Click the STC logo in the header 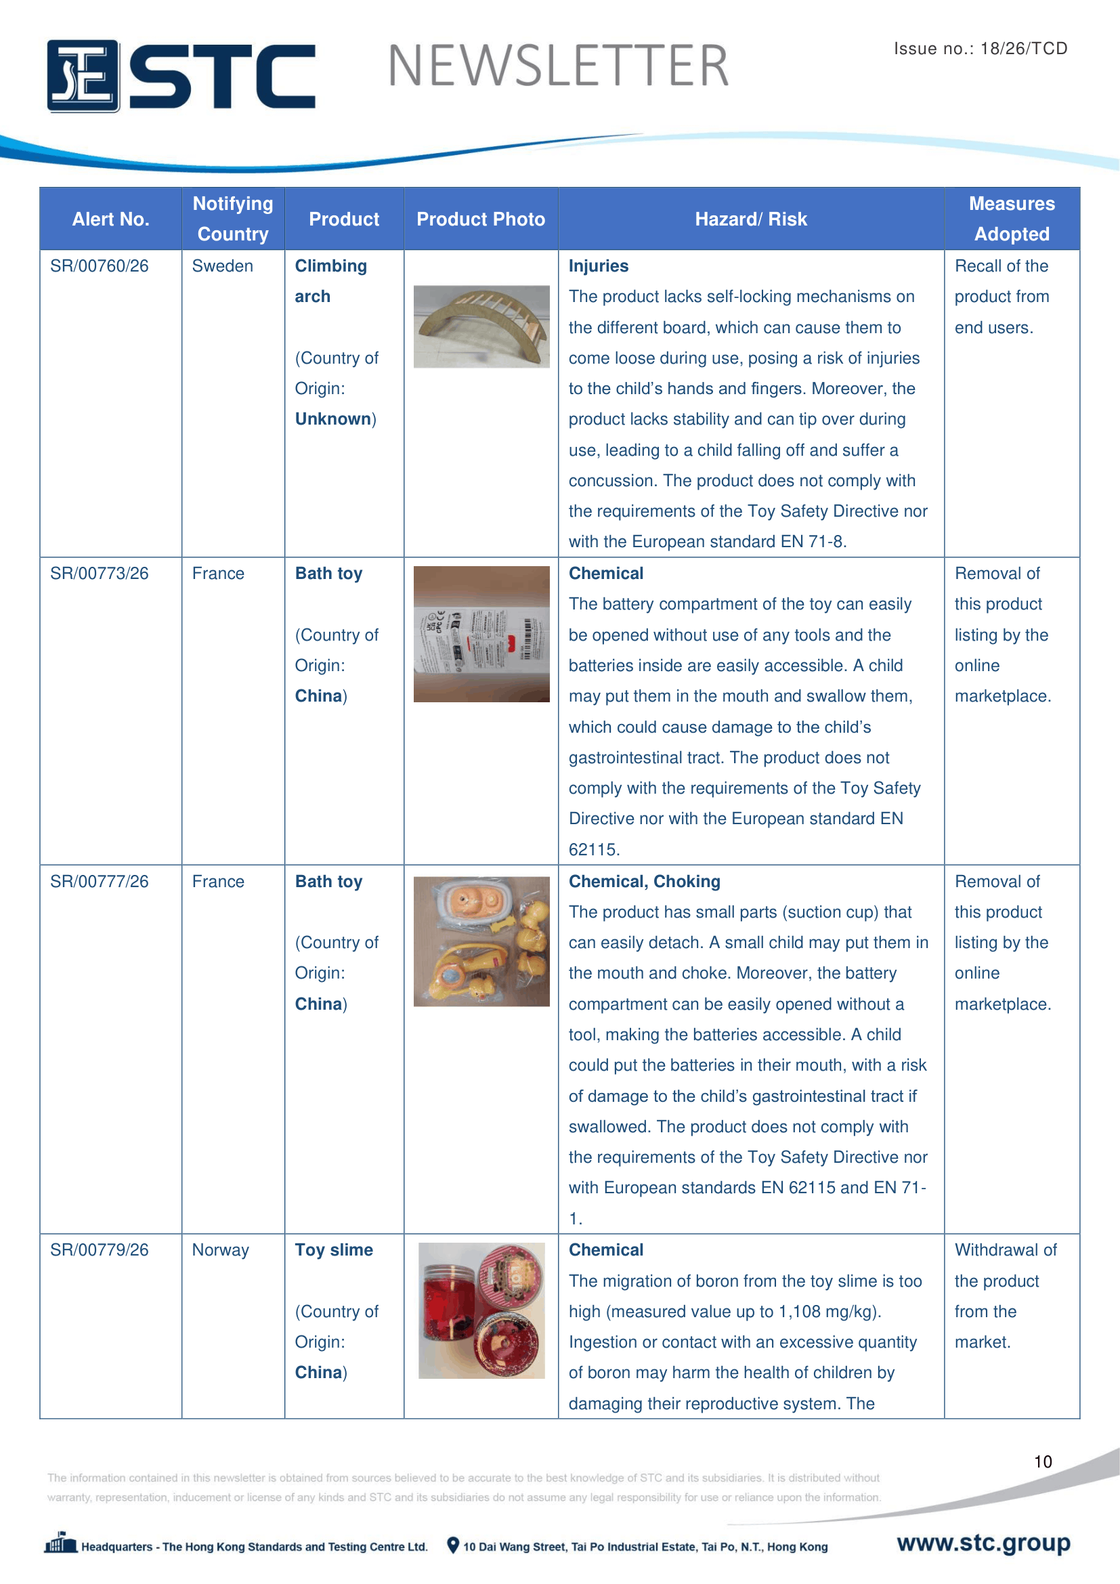pyautogui.click(x=181, y=75)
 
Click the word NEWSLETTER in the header pyautogui.click(x=558, y=66)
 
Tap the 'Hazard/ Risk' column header pyautogui.click(x=750, y=219)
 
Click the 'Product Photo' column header pyautogui.click(x=481, y=219)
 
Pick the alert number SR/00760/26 pyautogui.click(x=100, y=266)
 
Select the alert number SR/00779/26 pyautogui.click(x=100, y=1249)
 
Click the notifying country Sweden pyautogui.click(x=222, y=266)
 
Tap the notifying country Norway pyautogui.click(x=220, y=1249)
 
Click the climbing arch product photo pyautogui.click(x=481, y=326)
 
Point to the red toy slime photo pyautogui.click(x=481, y=1310)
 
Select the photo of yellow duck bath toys pyautogui.click(x=481, y=941)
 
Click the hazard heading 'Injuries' pyautogui.click(x=598, y=266)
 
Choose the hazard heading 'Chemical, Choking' pyautogui.click(x=644, y=881)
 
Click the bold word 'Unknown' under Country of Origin pyautogui.click(x=333, y=419)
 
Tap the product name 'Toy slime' pyautogui.click(x=334, y=1249)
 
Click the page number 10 pyautogui.click(x=1042, y=1461)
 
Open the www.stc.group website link pyautogui.click(x=983, y=1543)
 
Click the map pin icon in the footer pyautogui.click(x=452, y=1545)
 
